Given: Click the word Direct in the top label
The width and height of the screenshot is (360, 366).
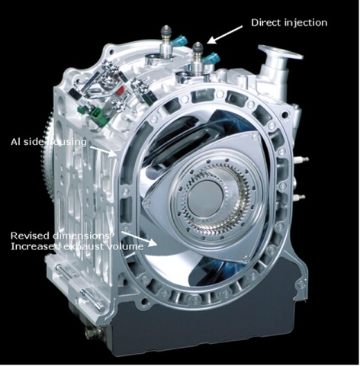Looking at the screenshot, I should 267,23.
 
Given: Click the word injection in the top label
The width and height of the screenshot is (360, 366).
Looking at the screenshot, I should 307,23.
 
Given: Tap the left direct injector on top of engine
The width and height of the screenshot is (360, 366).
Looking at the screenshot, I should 165,44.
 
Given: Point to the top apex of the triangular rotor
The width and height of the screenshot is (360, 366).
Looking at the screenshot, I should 252,135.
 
